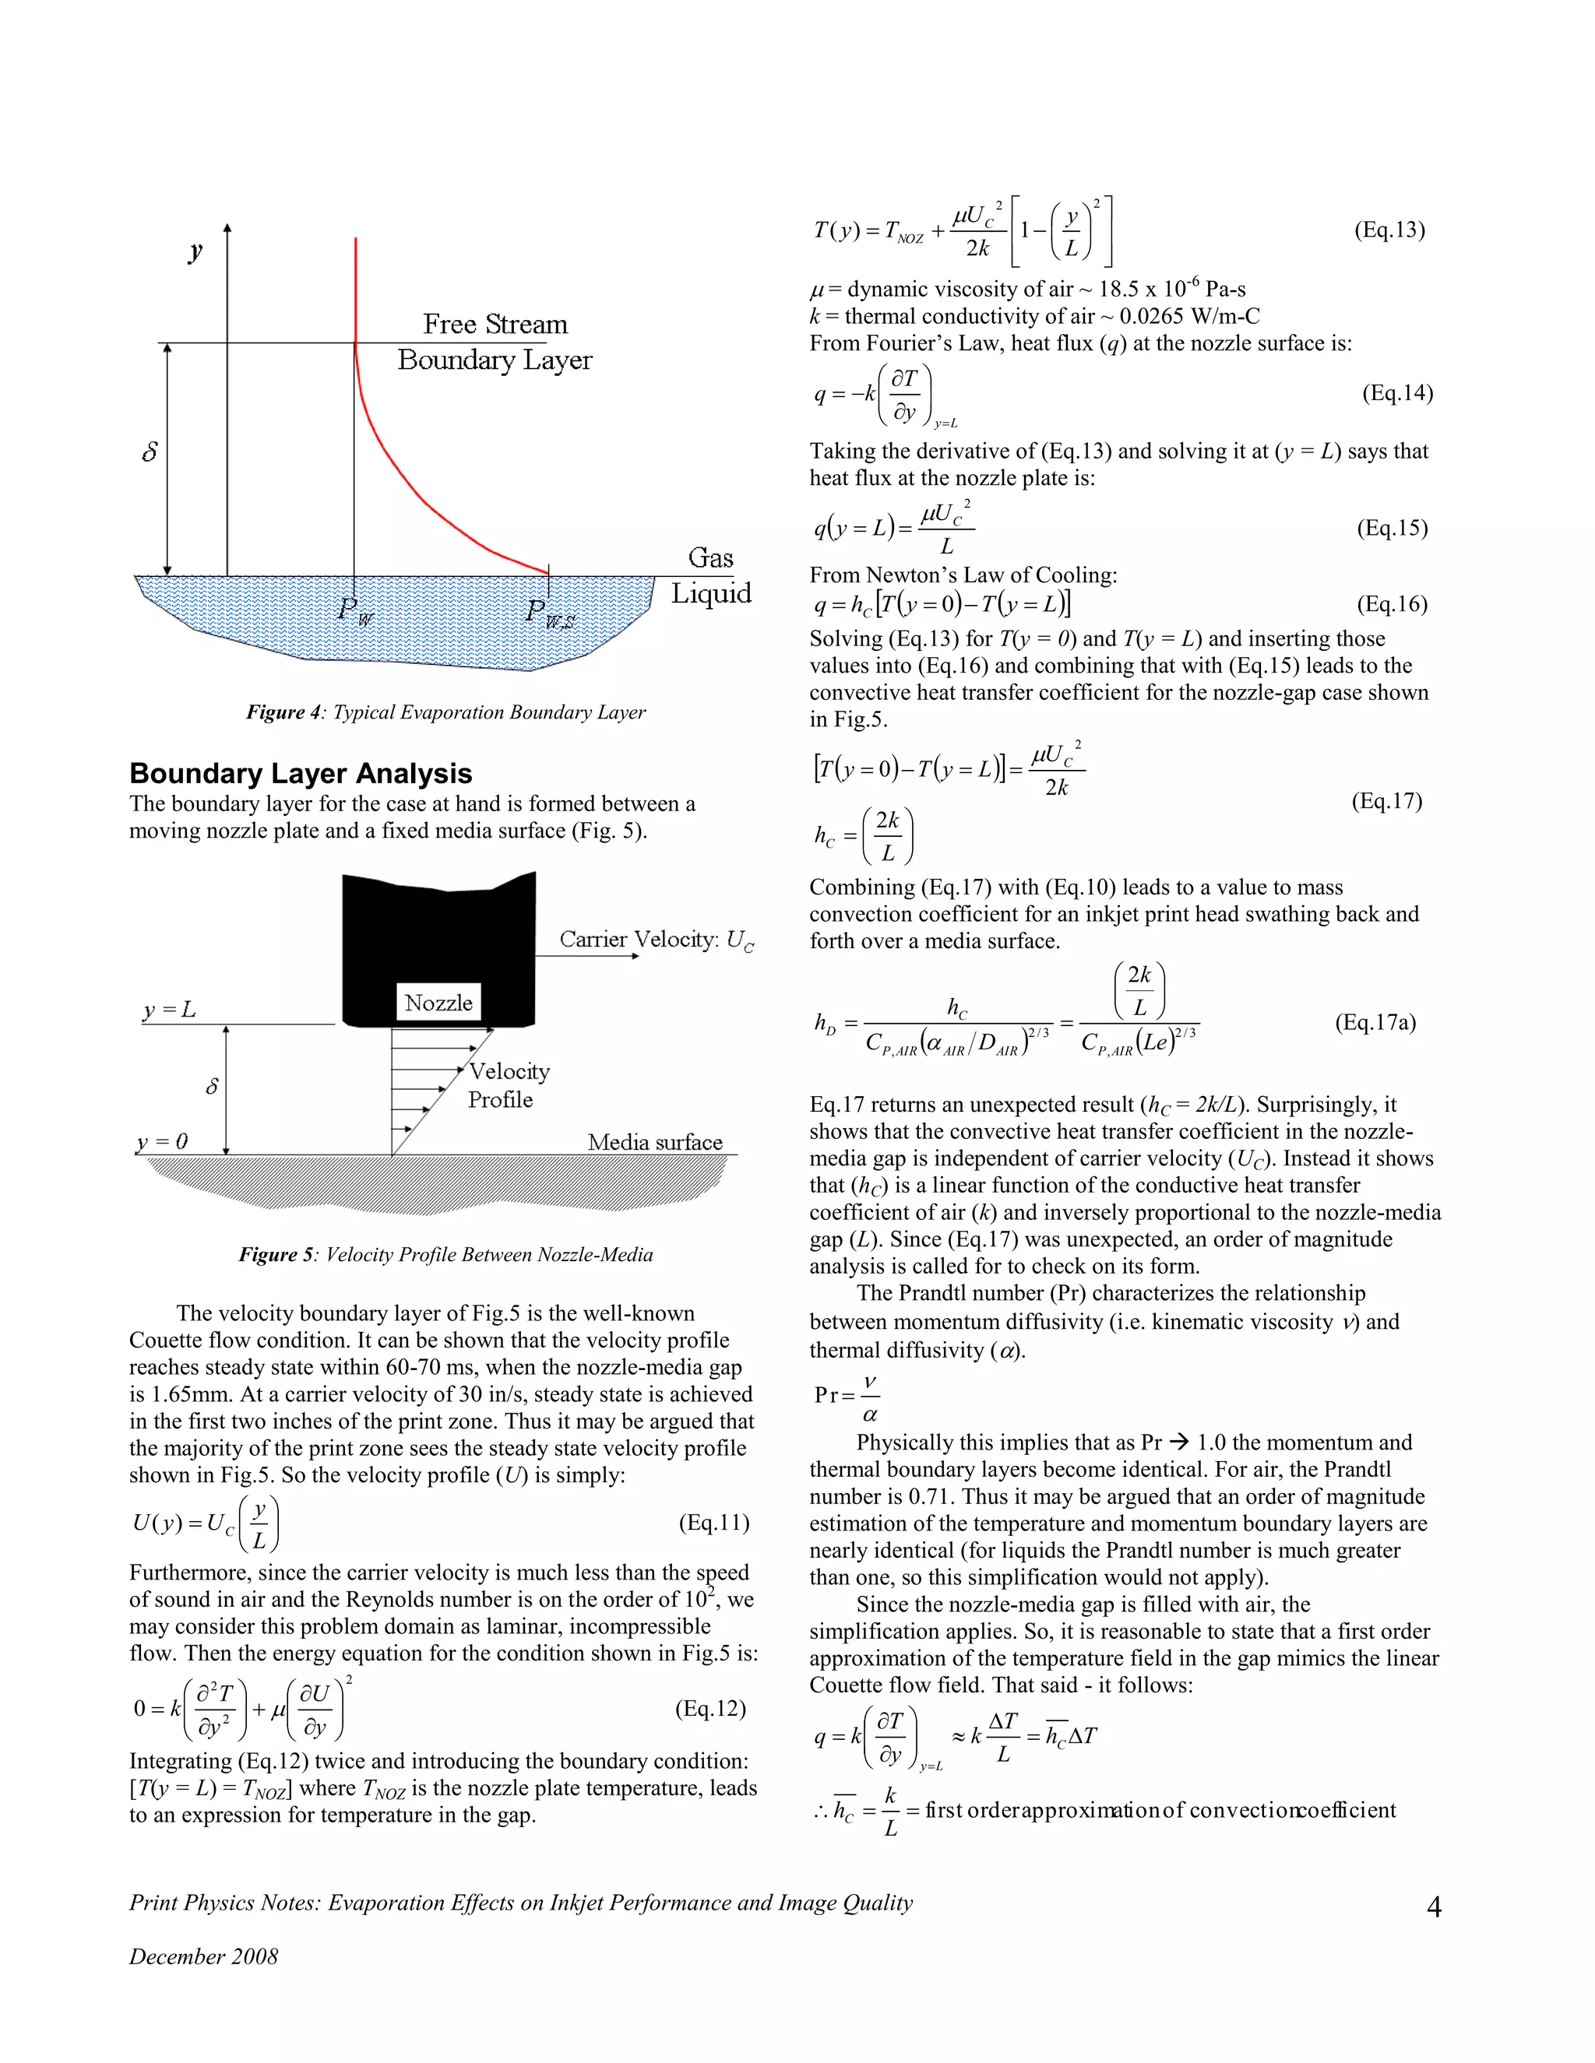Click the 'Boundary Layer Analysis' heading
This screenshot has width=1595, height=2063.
coord(301,774)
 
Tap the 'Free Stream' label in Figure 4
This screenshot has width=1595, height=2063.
coord(495,324)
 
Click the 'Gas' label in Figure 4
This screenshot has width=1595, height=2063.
coord(710,557)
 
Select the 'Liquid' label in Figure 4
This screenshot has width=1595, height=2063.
coord(710,593)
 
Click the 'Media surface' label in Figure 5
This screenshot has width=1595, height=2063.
coord(655,1142)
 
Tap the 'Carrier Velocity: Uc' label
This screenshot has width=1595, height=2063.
coord(656,940)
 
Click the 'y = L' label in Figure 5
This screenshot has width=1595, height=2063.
coord(170,1010)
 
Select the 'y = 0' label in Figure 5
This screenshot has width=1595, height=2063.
coord(163,1141)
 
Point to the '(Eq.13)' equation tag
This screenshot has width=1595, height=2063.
coord(1389,230)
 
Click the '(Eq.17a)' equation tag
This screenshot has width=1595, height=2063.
coord(1375,1022)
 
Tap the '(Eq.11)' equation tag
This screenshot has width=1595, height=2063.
coord(713,1523)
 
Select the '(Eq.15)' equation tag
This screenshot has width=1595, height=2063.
coord(1392,527)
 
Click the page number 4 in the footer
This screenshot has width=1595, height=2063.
coord(1434,1907)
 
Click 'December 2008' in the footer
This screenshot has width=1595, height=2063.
coord(203,1956)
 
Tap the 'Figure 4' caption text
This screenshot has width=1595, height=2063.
coord(446,712)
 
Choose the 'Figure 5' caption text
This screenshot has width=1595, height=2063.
coord(446,1254)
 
